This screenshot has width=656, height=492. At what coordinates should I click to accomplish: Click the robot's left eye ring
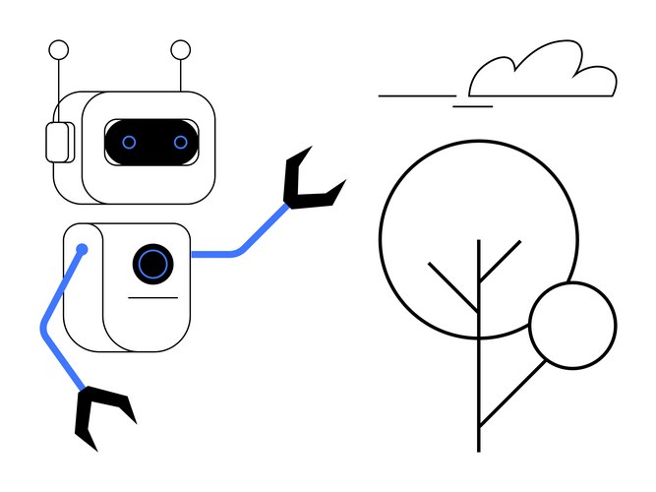pos(129,143)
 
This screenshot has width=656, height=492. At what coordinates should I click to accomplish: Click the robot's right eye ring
pos(181,143)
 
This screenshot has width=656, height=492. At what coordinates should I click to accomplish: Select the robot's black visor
pos(154,143)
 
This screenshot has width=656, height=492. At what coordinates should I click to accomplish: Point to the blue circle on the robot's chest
pos(152,263)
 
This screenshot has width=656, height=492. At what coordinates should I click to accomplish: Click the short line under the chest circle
pos(153,297)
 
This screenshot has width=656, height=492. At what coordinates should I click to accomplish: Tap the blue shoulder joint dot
pos(83,250)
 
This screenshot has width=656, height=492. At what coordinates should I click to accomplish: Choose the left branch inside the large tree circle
pos(453,287)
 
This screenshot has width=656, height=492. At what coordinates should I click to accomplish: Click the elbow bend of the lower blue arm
pos(45,325)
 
